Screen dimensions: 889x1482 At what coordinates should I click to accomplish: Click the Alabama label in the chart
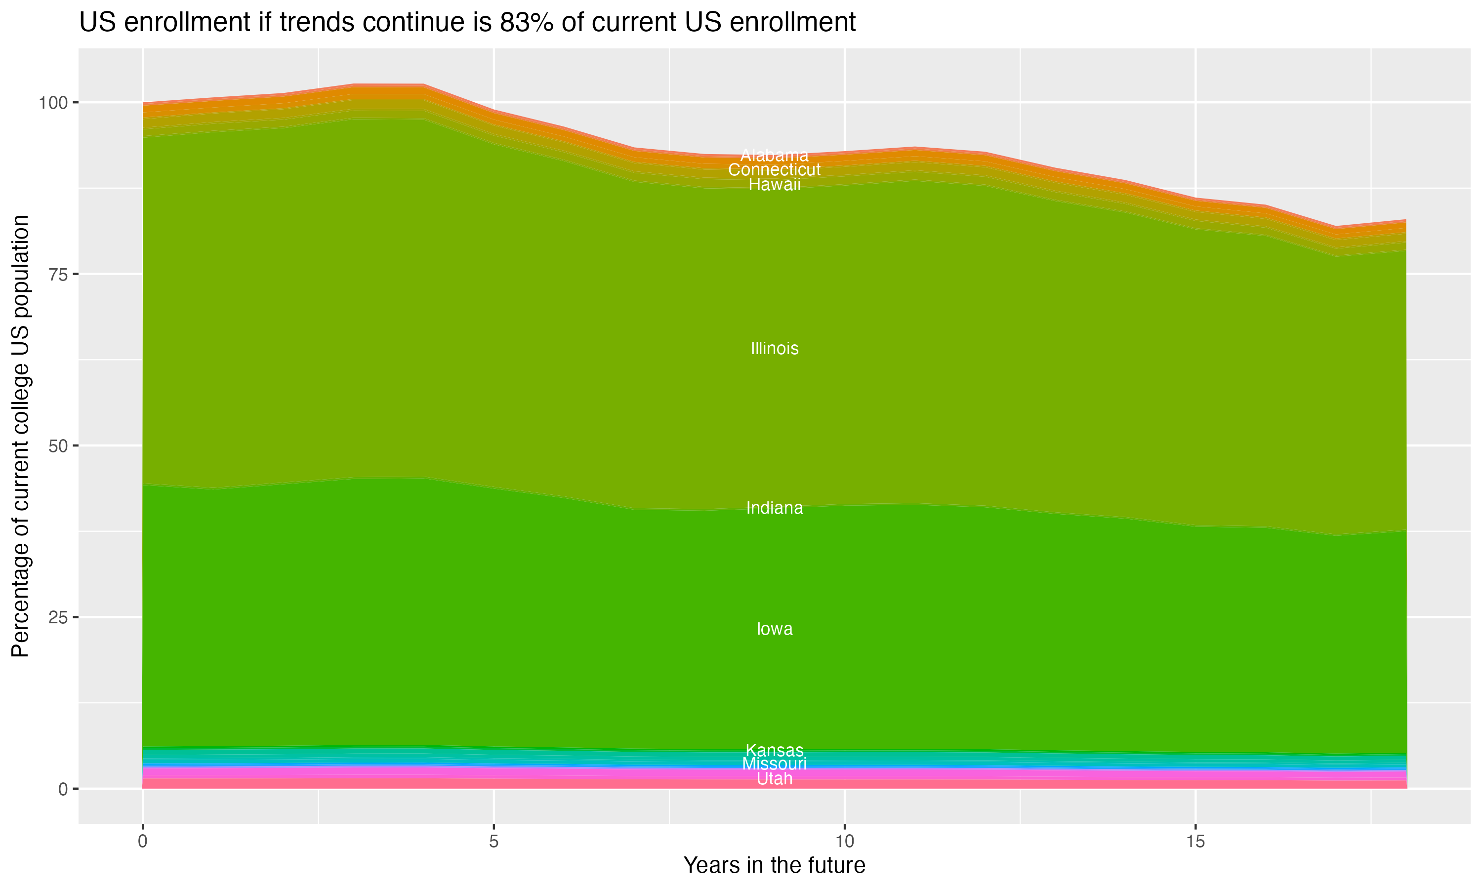coord(774,155)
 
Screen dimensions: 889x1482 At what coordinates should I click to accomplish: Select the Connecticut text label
coord(774,170)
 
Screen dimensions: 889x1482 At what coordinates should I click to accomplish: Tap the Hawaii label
coord(774,185)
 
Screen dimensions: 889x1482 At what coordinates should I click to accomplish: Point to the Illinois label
coord(774,349)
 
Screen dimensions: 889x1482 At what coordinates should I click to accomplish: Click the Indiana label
coord(774,508)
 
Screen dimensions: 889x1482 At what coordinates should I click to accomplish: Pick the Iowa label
coord(774,629)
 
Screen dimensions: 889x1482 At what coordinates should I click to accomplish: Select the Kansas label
coord(774,750)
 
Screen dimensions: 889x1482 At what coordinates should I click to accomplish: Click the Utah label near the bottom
coord(774,779)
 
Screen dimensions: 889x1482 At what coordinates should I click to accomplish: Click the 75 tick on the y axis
coord(57,275)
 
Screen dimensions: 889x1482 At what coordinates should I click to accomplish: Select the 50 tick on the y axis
coord(57,445)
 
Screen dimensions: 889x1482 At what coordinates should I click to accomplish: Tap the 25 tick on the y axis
coord(57,617)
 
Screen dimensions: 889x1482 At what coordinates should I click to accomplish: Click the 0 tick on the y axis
coord(63,789)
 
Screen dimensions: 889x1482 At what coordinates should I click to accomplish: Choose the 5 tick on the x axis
coord(494,842)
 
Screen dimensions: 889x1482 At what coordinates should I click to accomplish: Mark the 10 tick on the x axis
coord(844,842)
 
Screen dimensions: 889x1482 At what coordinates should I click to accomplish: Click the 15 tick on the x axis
coord(1195,842)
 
